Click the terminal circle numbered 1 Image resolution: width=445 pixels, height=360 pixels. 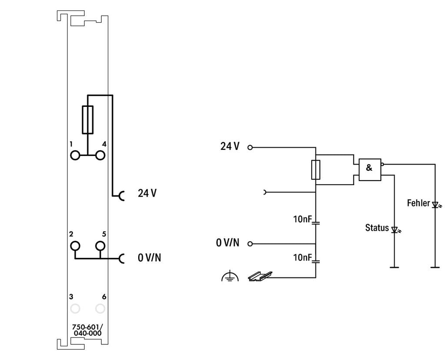[75, 155]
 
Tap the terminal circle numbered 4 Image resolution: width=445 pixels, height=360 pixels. [100, 155]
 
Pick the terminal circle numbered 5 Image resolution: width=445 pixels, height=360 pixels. [100, 246]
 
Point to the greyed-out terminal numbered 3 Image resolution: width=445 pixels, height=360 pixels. [75, 309]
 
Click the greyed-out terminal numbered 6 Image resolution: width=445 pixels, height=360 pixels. [100, 309]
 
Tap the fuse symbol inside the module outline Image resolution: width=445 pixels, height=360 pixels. [87, 119]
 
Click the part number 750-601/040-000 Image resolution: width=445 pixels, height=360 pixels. [87, 330]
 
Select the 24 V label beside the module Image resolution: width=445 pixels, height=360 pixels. [147, 193]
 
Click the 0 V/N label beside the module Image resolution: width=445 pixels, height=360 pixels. [149, 258]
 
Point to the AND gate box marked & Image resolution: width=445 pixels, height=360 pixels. [369, 169]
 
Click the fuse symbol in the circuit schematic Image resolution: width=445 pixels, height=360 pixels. [316, 170]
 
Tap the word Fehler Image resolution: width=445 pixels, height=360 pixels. [418, 203]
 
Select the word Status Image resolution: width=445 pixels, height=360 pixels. [377, 228]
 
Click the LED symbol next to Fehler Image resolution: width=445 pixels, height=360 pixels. [435, 204]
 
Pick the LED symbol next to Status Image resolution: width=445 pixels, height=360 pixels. [395, 230]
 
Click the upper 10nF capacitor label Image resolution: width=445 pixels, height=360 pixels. [302, 219]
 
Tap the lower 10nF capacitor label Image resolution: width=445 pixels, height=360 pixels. [302, 258]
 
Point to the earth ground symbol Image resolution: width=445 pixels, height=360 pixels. [230, 277]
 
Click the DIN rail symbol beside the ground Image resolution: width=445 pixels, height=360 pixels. [259, 276]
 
